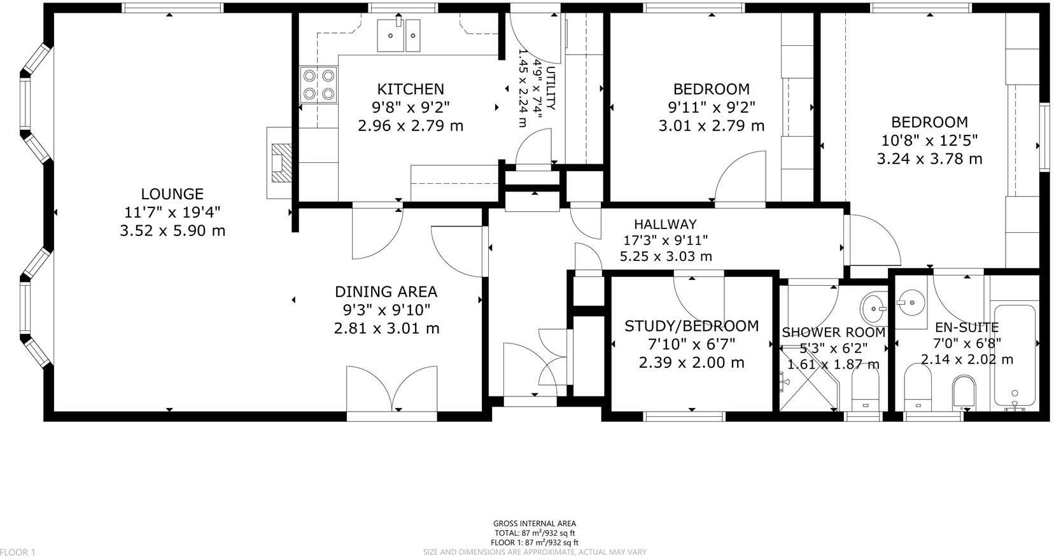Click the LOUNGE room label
click(172, 193)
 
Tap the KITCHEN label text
click(411, 89)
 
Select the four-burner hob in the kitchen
click(318, 85)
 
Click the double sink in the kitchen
click(399, 35)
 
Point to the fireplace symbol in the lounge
click(281, 163)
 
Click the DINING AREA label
click(386, 292)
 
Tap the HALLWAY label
click(665, 224)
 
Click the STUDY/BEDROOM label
click(691, 326)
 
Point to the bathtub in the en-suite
click(1015, 356)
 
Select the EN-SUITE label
click(966, 328)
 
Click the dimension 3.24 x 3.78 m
click(929, 158)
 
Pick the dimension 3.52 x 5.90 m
click(172, 230)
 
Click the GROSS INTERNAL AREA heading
click(535, 524)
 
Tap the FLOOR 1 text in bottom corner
click(18, 552)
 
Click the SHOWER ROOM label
click(833, 332)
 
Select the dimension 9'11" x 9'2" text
click(711, 107)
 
